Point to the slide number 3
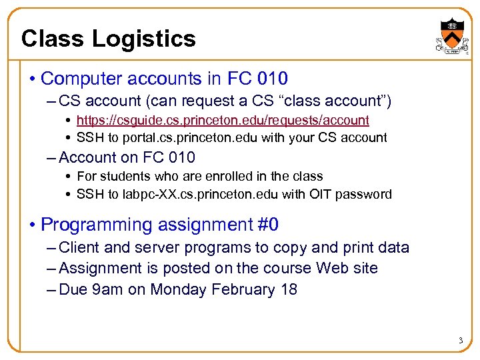(460, 341)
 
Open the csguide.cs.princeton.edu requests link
(223, 120)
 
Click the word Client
(79, 247)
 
